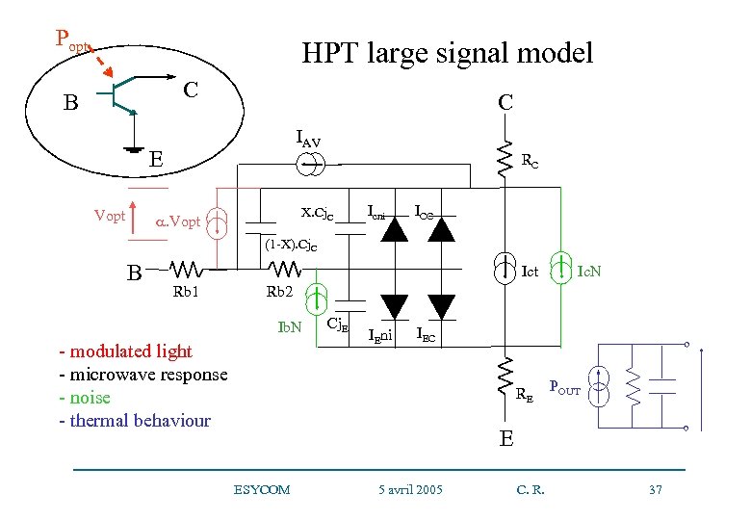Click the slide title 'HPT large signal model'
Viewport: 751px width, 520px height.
pyautogui.click(x=447, y=52)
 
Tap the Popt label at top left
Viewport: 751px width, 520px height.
pyautogui.click(x=72, y=39)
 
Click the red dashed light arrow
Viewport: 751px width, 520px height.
pyautogui.click(x=107, y=62)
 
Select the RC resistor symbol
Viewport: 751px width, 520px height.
pyautogui.click(x=504, y=160)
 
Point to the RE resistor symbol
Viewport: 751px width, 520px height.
pyautogui.click(x=504, y=377)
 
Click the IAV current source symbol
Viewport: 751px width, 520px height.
pyautogui.click(x=309, y=165)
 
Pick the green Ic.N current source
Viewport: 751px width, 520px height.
pyautogui.click(x=558, y=270)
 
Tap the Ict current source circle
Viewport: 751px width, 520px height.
pyautogui.click(x=504, y=270)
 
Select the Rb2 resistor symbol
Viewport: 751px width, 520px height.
pyautogui.click(x=279, y=270)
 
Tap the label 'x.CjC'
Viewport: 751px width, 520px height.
pyautogui.click(x=317, y=212)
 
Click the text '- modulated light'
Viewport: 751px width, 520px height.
pyautogui.click(x=125, y=351)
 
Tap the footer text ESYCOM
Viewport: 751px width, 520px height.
pyautogui.click(x=261, y=490)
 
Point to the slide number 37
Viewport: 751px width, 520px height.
pyautogui.click(x=656, y=490)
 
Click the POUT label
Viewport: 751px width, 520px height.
pyautogui.click(x=564, y=386)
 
